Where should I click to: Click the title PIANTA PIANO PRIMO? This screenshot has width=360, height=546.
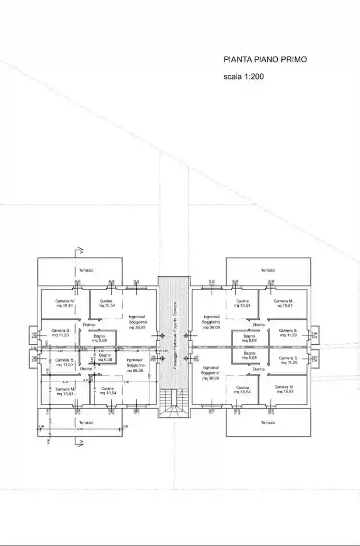tap(265, 60)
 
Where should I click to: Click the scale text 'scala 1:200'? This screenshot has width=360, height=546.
tap(244, 76)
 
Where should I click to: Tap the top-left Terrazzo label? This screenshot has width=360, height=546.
tap(86, 270)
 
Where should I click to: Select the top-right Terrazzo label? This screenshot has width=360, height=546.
tap(268, 270)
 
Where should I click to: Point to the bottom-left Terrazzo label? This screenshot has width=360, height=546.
tap(86, 423)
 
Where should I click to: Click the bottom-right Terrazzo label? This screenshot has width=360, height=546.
tap(268, 423)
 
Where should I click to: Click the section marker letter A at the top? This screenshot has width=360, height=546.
tap(82, 253)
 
